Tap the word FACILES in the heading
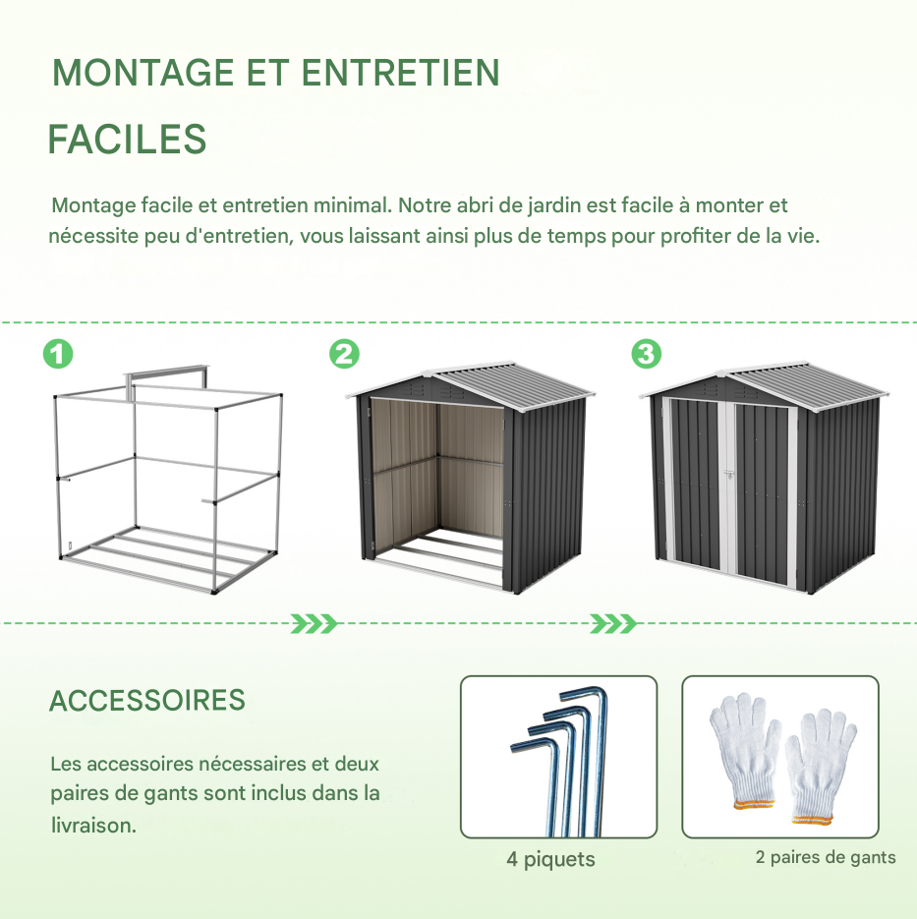pyautogui.click(x=127, y=140)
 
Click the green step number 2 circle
pyautogui.click(x=344, y=354)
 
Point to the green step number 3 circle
pyautogui.click(x=646, y=354)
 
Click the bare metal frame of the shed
pyautogui.click(x=167, y=482)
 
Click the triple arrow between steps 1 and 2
pyautogui.click(x=315, y=623)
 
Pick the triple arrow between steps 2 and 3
pyautogui.click(x=614, y=623)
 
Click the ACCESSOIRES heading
pyautogui.click(x=147, y=701)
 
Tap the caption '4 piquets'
pyautogui.click(x=550, y=860)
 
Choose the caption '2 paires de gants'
pyautogui.click(x=826, y=858)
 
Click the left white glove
pyautogui.click(x=744, y=752)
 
